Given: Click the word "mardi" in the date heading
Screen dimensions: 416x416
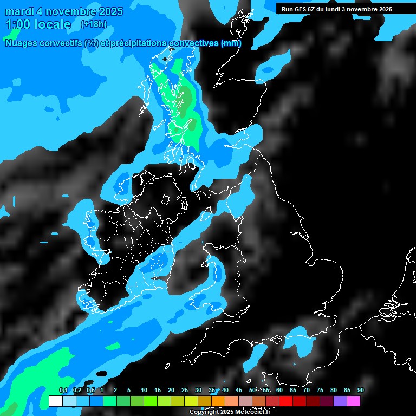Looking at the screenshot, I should click(x=19, y=11).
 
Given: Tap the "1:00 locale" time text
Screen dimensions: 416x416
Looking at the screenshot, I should click(x=38, y=24).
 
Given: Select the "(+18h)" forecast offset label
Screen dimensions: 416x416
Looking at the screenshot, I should click(x=94, y=24).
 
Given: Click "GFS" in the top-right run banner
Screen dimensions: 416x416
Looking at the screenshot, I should click(x=299, y=9).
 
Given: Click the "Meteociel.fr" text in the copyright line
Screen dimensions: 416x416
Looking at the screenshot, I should click(x=252, y=412).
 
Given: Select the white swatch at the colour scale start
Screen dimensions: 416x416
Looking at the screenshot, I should click(x=55, y=401).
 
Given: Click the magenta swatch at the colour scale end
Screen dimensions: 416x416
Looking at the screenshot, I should click(x=354, y=401).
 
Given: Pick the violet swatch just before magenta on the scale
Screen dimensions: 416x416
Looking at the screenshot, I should click(x=340, y=401).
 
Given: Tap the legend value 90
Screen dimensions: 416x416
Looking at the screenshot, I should click(x=360, y=390).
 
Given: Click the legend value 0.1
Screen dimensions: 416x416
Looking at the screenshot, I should click(x=63, y=390).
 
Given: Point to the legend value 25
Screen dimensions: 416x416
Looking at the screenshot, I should click(x=184, y=390).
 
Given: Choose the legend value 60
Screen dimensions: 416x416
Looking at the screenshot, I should click(x=279, y=390).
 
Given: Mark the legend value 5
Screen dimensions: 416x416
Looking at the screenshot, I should click(x=129, y=390).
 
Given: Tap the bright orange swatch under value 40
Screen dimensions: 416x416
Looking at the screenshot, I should click(x=218, y=401).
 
